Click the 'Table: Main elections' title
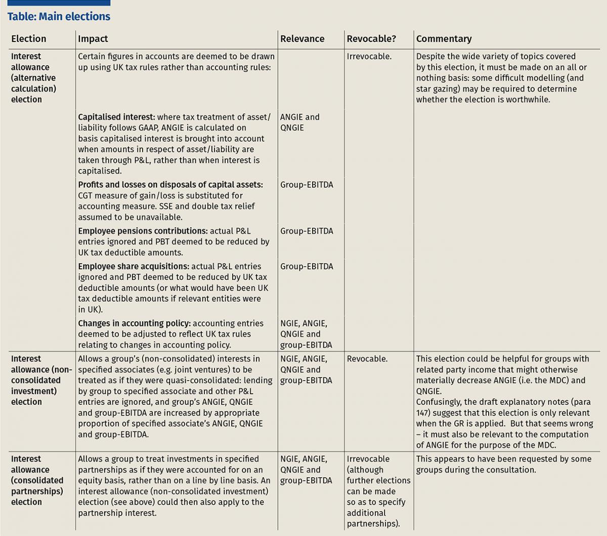click(x=59, y=17)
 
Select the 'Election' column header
click(x=28, y=39)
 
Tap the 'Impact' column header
click(x=93, y=39)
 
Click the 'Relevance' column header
click(x=302, y=39)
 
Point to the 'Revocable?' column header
click(x=371, y=39)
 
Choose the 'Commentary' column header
click(x=444, y=39)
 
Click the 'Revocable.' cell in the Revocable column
click(x=367, y=359)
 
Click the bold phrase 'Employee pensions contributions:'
click(x=143, y=231)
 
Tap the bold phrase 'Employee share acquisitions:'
click(x=134, y=266)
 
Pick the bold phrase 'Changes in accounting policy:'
click(x=134, y=323)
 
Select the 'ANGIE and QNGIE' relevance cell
click(x=299, y=122)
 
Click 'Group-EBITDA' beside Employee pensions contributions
click(x=307, y=231)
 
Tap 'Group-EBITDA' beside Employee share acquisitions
click(x=307, y=266)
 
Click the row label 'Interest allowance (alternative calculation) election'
click(x=33, y=78)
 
